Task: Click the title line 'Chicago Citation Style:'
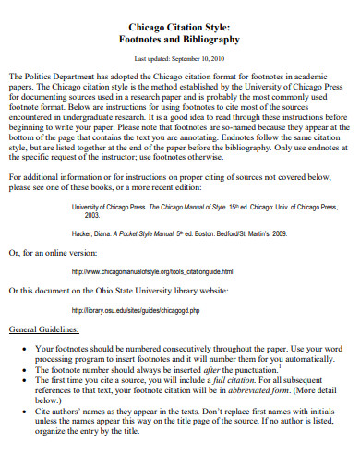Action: (180, 27)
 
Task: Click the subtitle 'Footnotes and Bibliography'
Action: (180, 41)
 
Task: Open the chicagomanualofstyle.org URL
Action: (151, 272)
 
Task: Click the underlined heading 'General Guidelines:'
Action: (43, 329)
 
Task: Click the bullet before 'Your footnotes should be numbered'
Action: (22, 348)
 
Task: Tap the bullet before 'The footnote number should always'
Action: (22, 370)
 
